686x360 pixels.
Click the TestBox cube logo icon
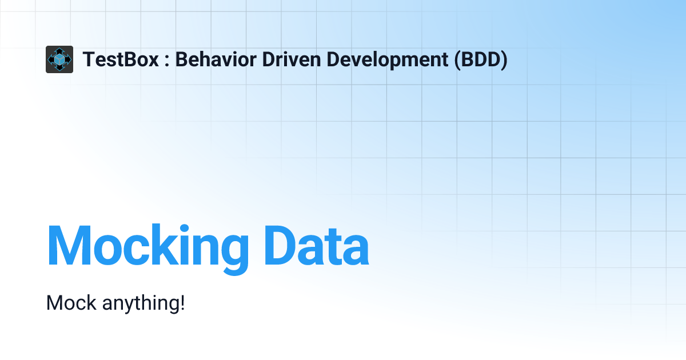coord(59,59)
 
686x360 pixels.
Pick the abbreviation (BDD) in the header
coord(481,59)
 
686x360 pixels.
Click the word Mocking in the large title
coord(148,246)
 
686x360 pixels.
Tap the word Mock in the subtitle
coord(71,303)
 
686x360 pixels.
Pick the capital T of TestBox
coord(89,59)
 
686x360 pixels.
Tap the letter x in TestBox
coord(153,61)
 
